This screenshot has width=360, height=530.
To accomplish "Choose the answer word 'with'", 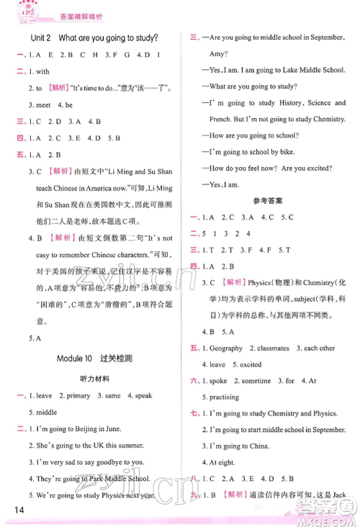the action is pos(42,71).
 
